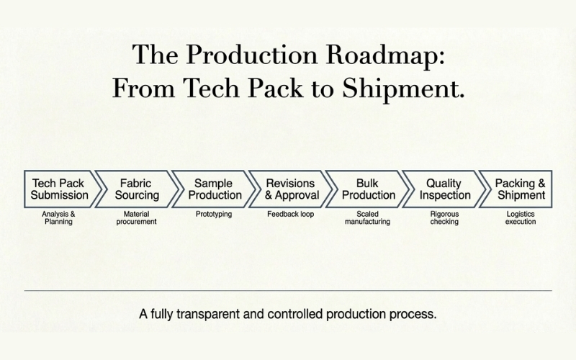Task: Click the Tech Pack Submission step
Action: [x=59, y=189]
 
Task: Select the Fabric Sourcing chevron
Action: [x=135, y=189]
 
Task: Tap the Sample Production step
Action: [x=213, y=189]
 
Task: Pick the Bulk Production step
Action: [x=366, y=189]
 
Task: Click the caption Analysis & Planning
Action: [x=59, y=217]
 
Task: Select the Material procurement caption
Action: [x=135, y=217]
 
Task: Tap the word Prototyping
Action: [x=213, y=214]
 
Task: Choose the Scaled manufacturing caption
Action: [x=367, y=217]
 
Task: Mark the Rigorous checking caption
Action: [x=444, y=217]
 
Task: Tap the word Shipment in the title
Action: [x=405, y=89]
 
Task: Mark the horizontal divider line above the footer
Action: [x=288, y=291]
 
